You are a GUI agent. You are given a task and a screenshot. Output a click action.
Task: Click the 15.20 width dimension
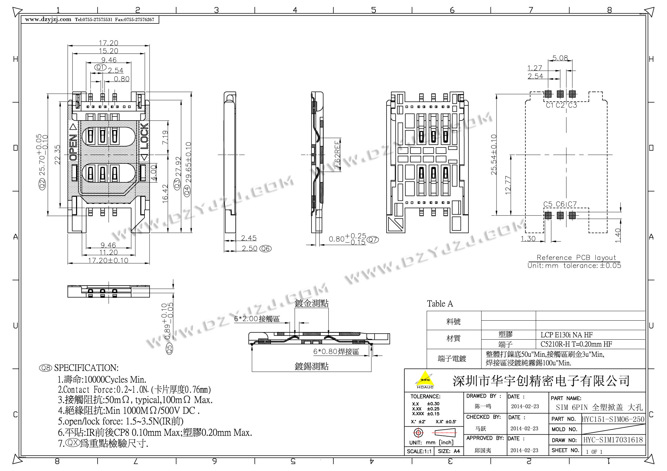click(x=108, y=51)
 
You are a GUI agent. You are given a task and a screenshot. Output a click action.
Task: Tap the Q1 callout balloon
click(x=100, y=67)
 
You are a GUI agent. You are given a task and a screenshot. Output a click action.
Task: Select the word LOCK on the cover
click(x=144, y=136)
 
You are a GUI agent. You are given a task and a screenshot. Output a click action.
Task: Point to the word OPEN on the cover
click(x=73, y=147)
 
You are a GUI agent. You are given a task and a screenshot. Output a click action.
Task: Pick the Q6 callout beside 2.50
click(x=265, y=249)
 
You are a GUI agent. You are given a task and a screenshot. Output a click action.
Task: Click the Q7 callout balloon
click(x=373, y=240)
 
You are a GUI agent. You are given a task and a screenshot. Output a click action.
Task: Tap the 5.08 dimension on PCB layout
click(x=560, y=58)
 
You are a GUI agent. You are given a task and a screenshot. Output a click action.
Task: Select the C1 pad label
click(x=549, y=105)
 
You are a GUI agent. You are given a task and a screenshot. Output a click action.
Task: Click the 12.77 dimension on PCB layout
click(x=508, y=185)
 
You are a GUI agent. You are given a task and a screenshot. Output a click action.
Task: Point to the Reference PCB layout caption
click(x=576, y=257)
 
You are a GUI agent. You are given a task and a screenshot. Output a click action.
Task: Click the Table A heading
click(x=440, y=304)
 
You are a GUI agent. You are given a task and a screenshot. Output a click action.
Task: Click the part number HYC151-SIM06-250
click(x=613, y=419)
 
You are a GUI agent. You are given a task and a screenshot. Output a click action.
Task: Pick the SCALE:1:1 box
click(x=419, y=451)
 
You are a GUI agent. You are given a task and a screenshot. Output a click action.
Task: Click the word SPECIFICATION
click(x=86, y=368)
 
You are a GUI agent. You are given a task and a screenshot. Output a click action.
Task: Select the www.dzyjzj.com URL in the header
click(x=48, y=19)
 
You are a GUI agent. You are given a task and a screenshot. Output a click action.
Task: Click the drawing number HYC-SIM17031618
click(x=613, y=440)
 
